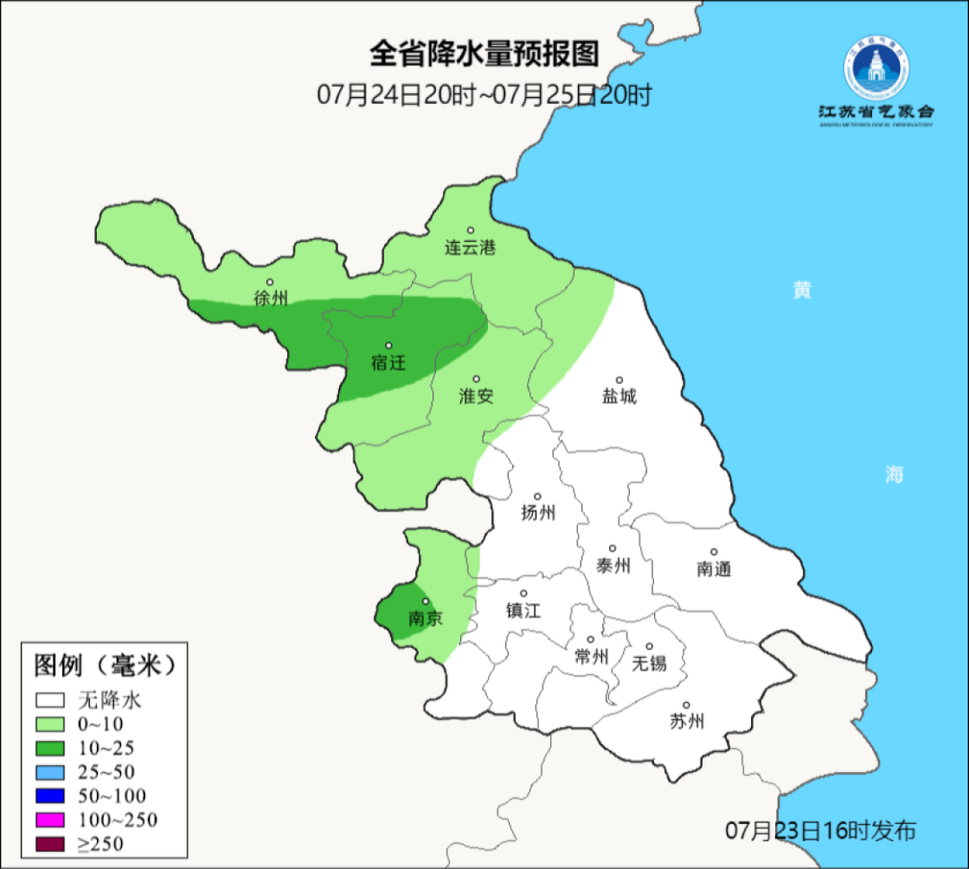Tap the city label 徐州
click(x=270, y=299)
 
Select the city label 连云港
click(x=470, y=248)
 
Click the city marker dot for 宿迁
click(x=388, y=345)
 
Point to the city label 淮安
click(x=476, y=396)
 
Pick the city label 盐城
click(x=619, y=396)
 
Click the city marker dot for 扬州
click(x=538, y=496)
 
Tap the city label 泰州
click(x=613, y=565)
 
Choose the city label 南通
click(x=714, y=569)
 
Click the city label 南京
click(x=424, y=619)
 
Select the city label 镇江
click(x=524, y=610)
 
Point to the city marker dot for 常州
click(x=590, y=639)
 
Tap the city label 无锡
click(x=650, y=663)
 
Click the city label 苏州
click(x=687, y=721)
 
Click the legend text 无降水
click(x=109, y=700)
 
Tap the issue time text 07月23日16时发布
click(x=820, y=831)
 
